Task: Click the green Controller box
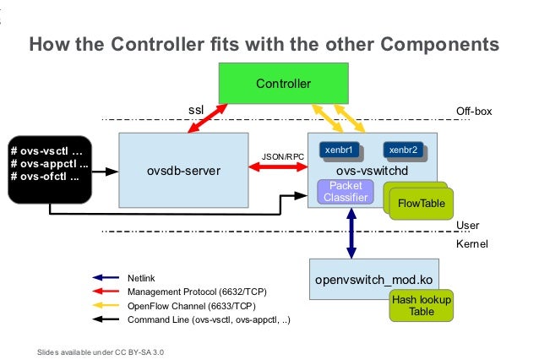[x=284, y=84]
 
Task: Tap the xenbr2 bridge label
[x=402, y=150]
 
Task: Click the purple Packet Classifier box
[x=346, y=192]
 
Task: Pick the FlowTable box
[x=420, y=203]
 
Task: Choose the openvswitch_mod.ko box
[x=373, y=278]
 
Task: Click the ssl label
[x=195, y=110]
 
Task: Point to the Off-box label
[x=473, y=111]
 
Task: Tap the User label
[x=467, y=226]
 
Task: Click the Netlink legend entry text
[x=141, y=277]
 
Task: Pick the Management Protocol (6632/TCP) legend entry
[x=191, y=292]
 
